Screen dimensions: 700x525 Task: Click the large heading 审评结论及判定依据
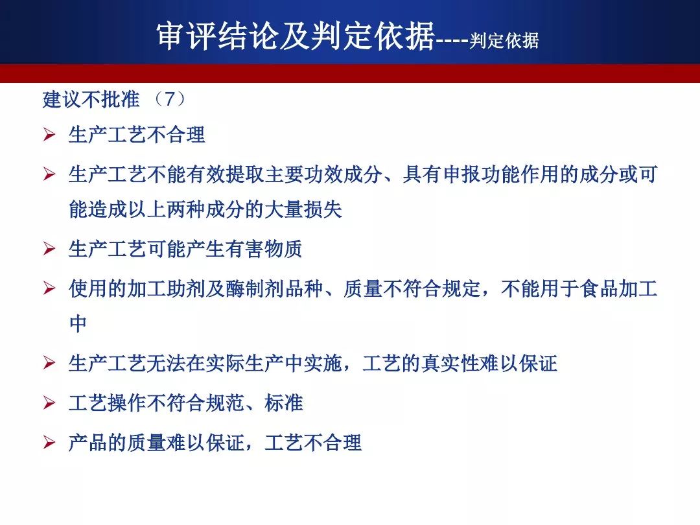click(296, 35)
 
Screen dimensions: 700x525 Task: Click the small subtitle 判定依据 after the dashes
click(504, 40)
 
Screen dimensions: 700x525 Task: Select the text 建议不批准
click(91, 99)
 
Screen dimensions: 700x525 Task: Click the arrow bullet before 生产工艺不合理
click(49, 135)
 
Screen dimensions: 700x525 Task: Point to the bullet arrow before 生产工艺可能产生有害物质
click(49, 249)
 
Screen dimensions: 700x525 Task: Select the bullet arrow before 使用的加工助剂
click(49, 288)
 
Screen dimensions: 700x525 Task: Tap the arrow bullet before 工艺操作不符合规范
click(49, 402)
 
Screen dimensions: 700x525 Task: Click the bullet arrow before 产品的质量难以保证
click(49, 443)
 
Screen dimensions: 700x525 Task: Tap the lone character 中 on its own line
click(78, 323)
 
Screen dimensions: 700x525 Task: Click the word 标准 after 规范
click(283, 402)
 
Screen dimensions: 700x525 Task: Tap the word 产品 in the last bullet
click(88, 443)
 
